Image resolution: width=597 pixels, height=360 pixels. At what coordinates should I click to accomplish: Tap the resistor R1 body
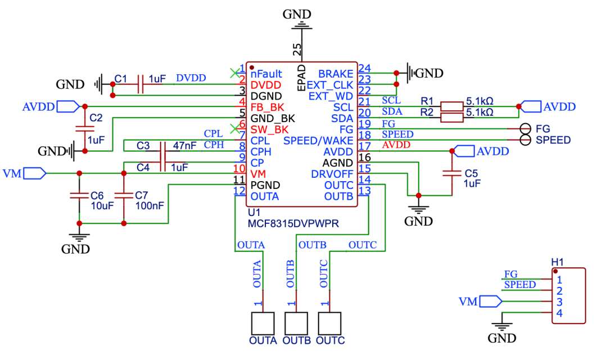(451, 106)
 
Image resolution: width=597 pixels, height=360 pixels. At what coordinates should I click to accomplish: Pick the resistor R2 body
(451, 117)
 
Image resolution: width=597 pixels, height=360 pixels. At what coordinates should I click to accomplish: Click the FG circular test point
(526, 128)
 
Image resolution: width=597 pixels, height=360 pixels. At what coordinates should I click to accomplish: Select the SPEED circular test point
(526, 139)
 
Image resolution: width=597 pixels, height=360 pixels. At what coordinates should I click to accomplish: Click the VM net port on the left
(34, 173)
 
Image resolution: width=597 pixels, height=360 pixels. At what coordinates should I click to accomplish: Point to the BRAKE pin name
(336, 74)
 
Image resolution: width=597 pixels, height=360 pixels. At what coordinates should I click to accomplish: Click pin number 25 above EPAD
(297, 49)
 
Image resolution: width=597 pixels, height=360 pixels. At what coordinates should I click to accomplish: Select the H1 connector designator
(558, 262)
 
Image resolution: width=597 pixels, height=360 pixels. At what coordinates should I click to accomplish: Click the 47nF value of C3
(184, 146)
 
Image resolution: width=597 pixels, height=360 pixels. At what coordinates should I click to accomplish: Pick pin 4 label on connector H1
(558, 313)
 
